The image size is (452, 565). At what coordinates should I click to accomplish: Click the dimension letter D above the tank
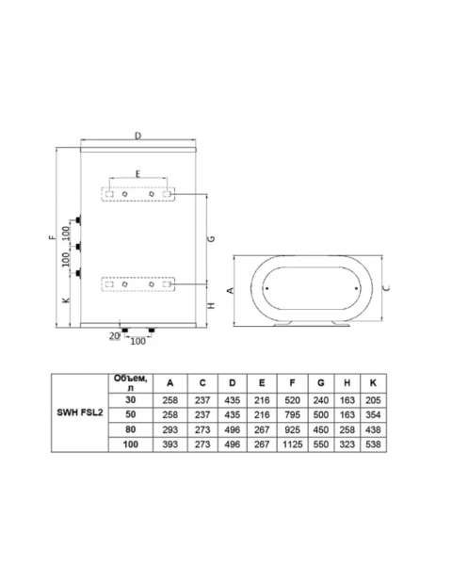coord(137,137)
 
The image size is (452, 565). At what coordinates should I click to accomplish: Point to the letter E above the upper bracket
coord(137,175)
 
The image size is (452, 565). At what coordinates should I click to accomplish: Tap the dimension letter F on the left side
coord(52,238)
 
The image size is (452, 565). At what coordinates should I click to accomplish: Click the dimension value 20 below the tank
coord(114,336)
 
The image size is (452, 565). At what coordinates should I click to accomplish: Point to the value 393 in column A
coord(169,442)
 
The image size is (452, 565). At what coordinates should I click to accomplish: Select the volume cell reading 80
coord(131,428)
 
